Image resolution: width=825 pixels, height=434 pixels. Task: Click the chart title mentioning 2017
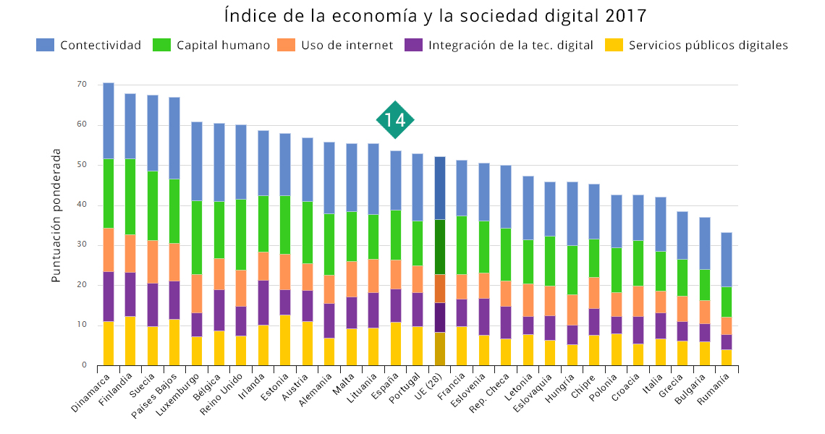[436, 15]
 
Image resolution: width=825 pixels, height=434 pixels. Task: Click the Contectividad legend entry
[89, 45]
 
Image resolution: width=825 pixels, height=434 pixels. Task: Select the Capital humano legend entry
[211, 45]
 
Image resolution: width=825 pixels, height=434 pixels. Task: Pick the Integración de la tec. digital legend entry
[499, 45]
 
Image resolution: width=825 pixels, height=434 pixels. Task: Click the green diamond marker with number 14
[395, 120]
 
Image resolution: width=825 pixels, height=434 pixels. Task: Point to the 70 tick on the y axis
[81, 85]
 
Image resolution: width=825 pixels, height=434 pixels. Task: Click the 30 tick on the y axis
[81, 245]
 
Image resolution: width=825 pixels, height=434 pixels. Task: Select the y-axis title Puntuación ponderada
[56, 215]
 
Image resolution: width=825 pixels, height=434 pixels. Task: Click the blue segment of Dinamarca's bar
[109, 121]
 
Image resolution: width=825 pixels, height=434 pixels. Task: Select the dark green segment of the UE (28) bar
[440, 247]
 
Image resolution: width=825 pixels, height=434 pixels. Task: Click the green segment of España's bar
[396, 235]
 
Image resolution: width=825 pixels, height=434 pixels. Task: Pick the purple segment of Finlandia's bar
[130, 294]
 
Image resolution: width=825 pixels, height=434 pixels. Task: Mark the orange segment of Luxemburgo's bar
[197, 294]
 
